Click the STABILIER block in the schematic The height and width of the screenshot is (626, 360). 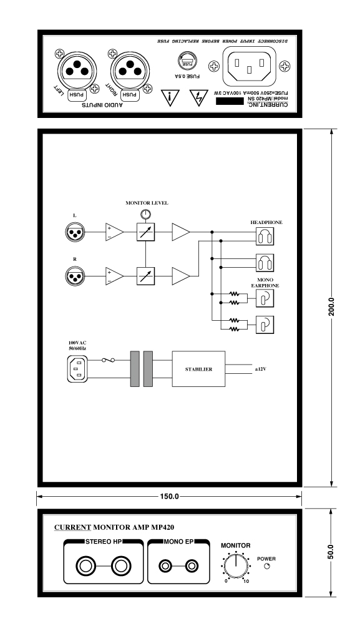tap(198, 369)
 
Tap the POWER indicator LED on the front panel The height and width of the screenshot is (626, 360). tap(268, 567)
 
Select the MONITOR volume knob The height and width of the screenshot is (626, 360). tap(236, 565)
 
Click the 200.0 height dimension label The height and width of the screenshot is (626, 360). tap(331, 307)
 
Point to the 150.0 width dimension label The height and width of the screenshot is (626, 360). tap(169, 497)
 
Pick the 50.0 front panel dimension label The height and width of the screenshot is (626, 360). tap(331, 552)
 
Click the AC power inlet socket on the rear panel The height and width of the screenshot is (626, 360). tap(250, 66)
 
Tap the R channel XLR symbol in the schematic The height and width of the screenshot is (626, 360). tap(75, 276)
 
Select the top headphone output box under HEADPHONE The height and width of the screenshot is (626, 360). tap(265, 237)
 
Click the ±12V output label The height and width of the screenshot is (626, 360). tap(261, 369)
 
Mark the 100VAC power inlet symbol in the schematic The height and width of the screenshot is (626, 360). tap(77, 369)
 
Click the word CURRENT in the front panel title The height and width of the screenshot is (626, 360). tap(72, 527)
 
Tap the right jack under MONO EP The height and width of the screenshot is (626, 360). tap(192, 566)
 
